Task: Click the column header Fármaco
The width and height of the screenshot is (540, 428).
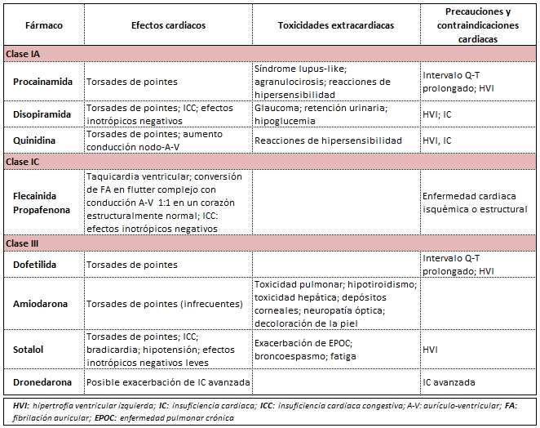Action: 44,25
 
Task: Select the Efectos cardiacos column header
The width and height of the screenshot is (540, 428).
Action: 168,25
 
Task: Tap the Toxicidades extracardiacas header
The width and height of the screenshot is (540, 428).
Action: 335,25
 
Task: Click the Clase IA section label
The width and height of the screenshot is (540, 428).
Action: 24,53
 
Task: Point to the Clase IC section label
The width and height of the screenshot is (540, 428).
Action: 24,162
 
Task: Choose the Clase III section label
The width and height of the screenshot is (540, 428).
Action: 24,243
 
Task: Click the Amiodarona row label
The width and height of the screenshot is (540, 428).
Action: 41,303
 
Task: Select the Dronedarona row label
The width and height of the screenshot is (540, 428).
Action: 42,382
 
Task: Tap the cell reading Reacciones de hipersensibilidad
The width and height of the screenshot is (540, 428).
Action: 328,140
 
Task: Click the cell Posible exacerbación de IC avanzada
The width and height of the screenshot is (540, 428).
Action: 168,382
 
